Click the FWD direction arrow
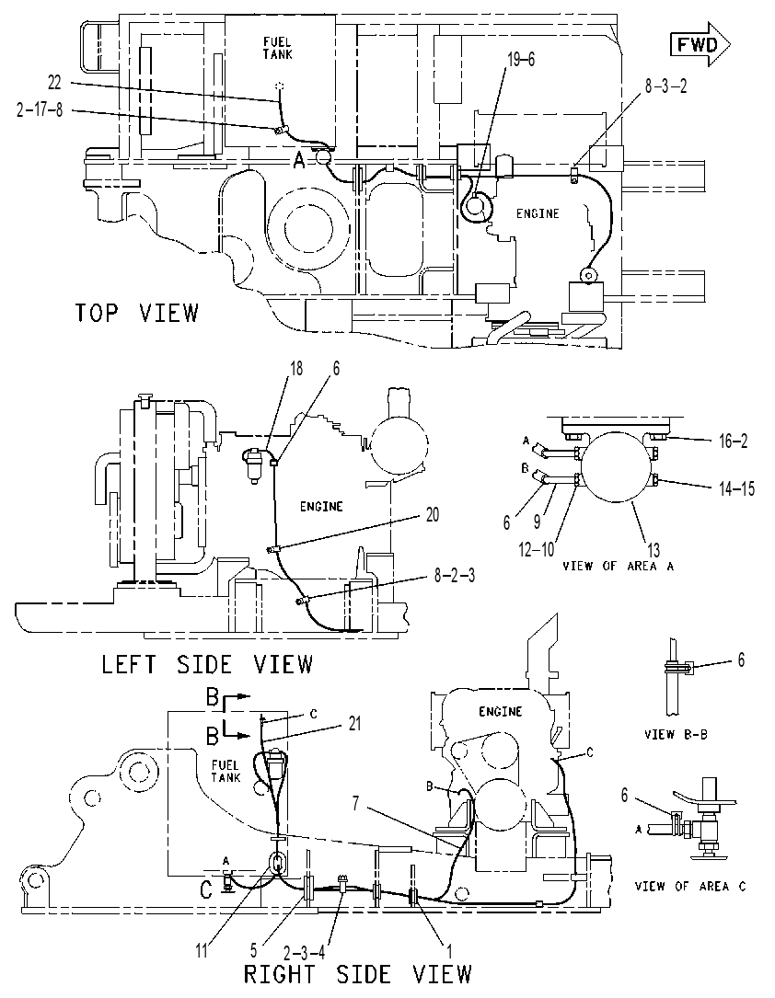coord(700,44)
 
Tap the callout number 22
coord(55,82)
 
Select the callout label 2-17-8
coord(40,110)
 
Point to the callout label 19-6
coord(521,59)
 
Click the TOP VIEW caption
coord(137,313)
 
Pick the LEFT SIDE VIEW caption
coord(208,664)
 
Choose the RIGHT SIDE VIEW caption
coord(358,974)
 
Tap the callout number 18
coord(295,368)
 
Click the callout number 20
coord(433,514)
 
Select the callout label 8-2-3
coord(455,576)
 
